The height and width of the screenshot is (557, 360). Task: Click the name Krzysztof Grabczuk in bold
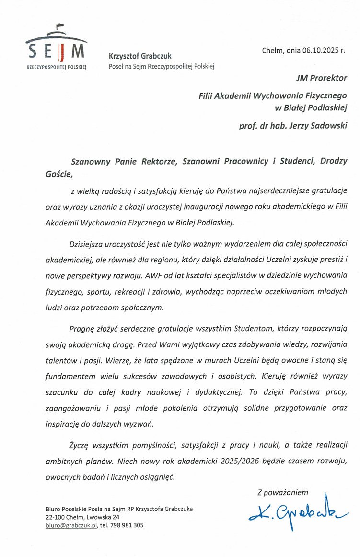point(140,56)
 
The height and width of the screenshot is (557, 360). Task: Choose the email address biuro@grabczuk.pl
point(71,525)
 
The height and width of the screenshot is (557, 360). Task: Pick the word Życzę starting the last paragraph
point(80,446)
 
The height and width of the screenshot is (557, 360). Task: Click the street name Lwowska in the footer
point(99,517)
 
